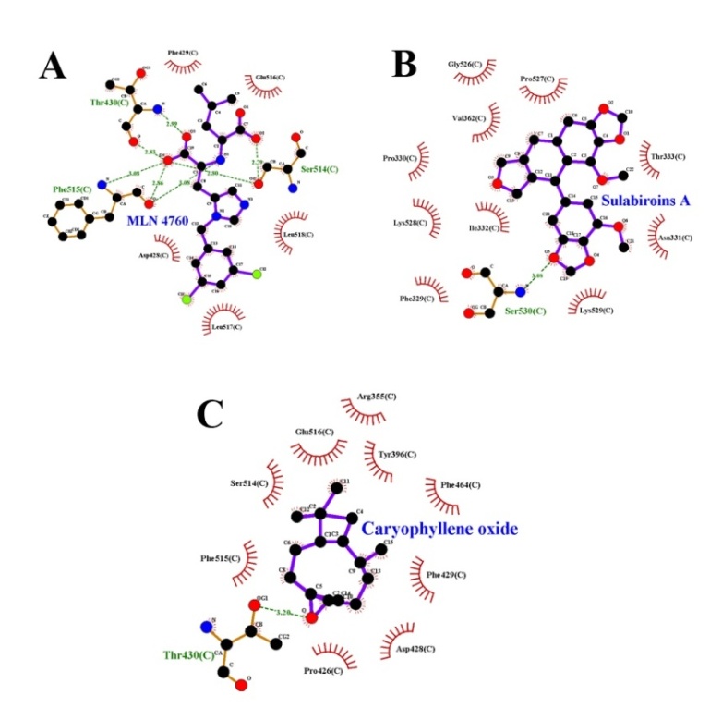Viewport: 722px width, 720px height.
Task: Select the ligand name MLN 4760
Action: click(x=160, y=221)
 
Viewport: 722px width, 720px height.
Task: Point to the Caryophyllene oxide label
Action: click(x=439, y=529)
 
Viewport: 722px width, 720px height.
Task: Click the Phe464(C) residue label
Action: click(x=462, y=484)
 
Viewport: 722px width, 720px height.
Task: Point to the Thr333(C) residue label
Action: click(x=668, y=157)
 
